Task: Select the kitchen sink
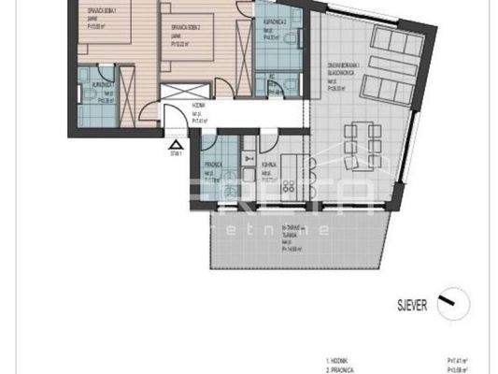(249, 173)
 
